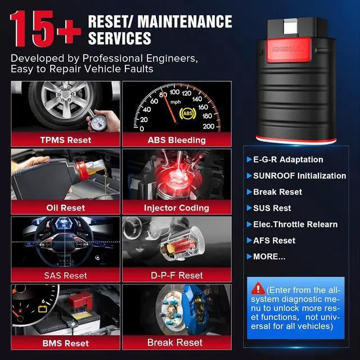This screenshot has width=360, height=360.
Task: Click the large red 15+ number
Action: point(46,29)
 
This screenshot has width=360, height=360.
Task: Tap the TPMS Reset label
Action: point(66,140)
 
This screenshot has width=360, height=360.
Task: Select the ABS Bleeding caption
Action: point(177,140)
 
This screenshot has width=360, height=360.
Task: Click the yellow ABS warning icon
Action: point(187,113)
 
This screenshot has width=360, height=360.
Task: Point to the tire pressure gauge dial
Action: point(98,123)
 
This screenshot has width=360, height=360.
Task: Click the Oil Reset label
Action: point(66,208)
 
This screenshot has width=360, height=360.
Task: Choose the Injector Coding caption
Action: point(177,208)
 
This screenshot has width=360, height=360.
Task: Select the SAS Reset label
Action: point(66,275)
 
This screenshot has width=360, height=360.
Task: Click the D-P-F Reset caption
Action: point(177,275)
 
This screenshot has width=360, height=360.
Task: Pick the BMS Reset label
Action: point(66,343)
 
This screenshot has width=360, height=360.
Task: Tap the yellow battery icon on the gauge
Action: point(43,309)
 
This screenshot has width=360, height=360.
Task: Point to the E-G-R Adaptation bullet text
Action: point(288,160)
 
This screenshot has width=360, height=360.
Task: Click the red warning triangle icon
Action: point(258,289)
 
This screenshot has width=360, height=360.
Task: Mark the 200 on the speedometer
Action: point(209,126)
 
